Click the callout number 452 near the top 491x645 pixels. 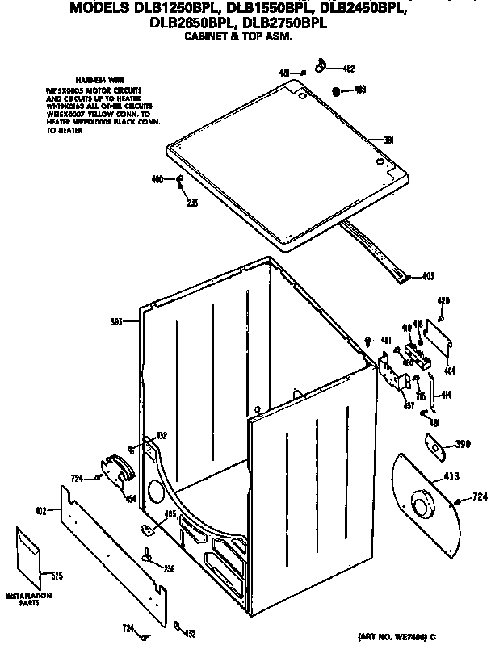pyautogui.click(x=348, y=69)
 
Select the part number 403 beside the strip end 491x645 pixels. pyautogui.click(x=428, y=277)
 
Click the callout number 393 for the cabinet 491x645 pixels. pyautogui.click(x=117, y=323)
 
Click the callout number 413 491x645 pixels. pyautogui.click(x=447, y=478)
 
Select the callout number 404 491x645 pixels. pyautogui.click(x=449, y=372)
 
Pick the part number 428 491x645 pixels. pyautogui.click(x=443, y=302)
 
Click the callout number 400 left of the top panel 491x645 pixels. pyautogui.click(x=157, y=178)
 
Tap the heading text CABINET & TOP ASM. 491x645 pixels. pyautogui.click(x=237, y=37)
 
